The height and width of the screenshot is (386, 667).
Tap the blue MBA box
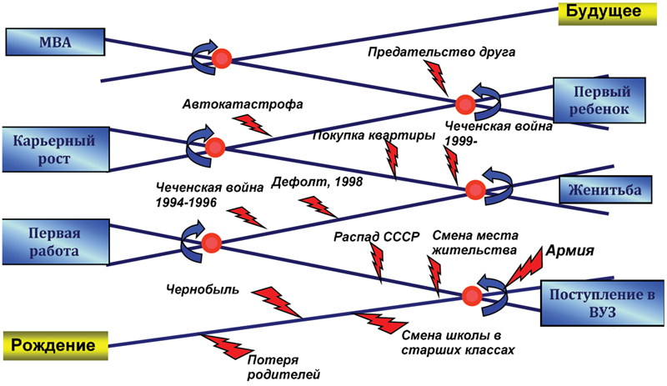pos(55,41)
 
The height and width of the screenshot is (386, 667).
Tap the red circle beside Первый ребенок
pos(464,104)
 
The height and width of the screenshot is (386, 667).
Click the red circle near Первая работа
pos(212,243)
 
